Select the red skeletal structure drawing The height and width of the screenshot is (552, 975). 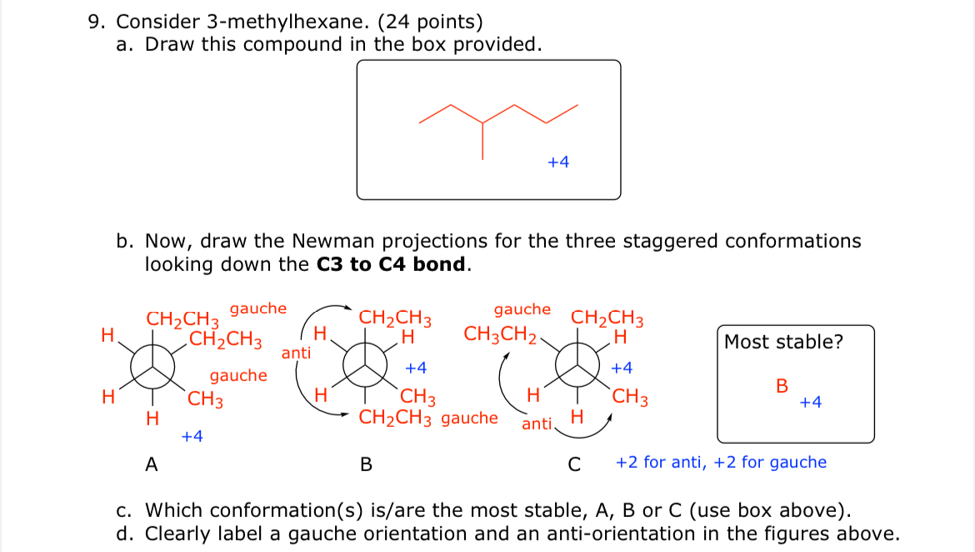[x=497, y=125]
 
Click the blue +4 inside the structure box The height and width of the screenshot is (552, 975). [x=558, y=163]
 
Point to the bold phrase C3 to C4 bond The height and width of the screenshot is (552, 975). [x=393, y=265]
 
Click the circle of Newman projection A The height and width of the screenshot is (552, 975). [x=151, y=367]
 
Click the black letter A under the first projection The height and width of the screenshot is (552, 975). [x=152, y=464]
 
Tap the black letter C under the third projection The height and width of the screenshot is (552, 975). [x=573, y=464]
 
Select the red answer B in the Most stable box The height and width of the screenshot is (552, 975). [x=781, y=386]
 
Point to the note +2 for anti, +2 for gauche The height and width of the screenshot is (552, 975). [x=721, y=462]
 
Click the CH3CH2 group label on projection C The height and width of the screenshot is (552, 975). [x=500, y=335]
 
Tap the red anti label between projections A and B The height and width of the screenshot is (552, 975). [x=296, y=353]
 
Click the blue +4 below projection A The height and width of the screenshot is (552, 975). [x=192, y=435]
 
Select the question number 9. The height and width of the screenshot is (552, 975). [x=96, y=22]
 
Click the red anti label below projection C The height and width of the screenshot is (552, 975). [x=537, y=424]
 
